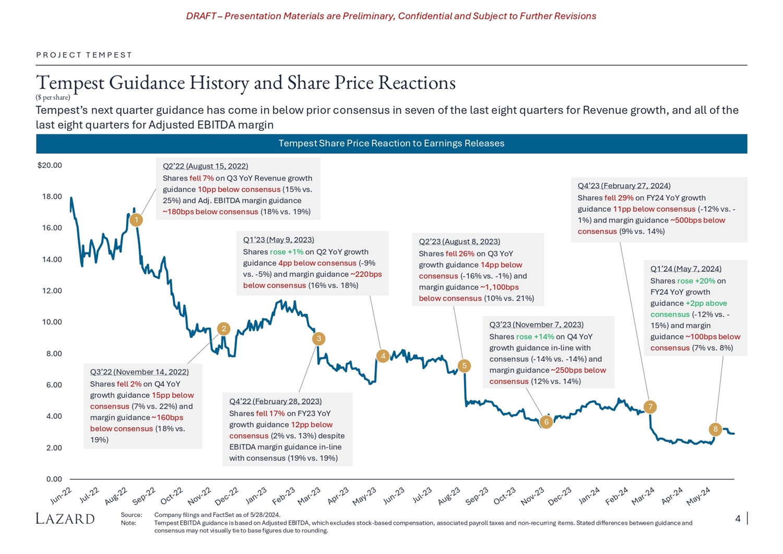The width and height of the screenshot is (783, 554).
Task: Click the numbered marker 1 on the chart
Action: pos(136,220)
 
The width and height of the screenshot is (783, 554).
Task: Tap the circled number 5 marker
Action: pos(464,366)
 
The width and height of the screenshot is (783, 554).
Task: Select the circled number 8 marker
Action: pos(715,430)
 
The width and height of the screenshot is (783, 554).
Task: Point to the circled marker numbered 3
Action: pos(318,339)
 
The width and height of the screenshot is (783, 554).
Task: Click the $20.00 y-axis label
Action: pos(50,166)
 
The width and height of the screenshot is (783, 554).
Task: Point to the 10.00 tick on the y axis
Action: pos(52,322)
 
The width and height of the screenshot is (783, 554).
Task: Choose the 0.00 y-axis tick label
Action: pos(54,479)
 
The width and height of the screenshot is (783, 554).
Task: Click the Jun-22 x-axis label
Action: pos(61,495)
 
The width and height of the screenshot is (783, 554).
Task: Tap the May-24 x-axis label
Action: pos(698,496)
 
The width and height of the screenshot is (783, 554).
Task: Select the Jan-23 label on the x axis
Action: pos(256,495)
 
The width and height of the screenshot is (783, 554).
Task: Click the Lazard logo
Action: pos(65,518)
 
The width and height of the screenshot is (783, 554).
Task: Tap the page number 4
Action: pos(738,518)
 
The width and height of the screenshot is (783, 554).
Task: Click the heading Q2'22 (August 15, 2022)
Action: pos(205,166)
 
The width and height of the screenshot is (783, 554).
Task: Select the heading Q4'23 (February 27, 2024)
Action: pos(624,186)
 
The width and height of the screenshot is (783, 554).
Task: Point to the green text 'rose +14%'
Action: pos(535,337)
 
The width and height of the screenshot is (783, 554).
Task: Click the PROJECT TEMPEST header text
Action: pos(84,55)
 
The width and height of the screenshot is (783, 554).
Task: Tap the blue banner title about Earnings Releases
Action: pos(391,144)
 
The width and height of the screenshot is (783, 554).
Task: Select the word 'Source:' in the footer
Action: pos(131,515)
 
